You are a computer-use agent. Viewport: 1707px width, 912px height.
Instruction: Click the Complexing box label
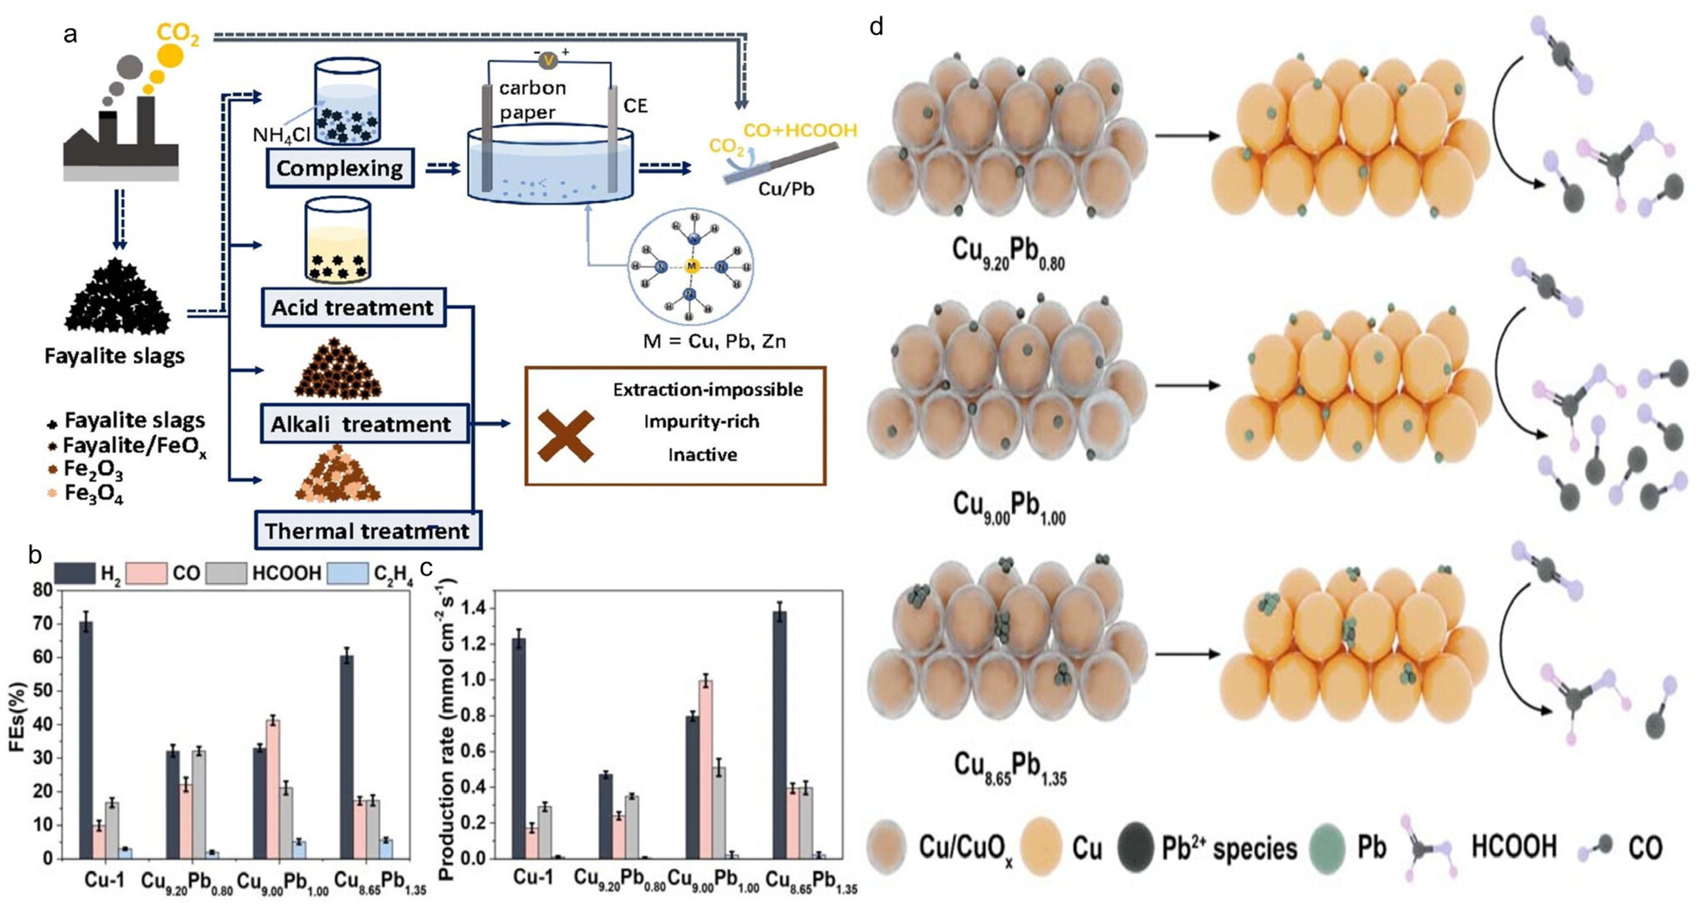339,168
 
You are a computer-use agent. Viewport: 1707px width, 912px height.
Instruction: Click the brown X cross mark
565,435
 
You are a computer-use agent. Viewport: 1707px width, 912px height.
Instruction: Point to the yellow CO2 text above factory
178,35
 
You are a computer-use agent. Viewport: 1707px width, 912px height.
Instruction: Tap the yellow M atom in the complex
691,266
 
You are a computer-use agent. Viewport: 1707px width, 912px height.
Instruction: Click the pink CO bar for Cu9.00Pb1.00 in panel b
272,789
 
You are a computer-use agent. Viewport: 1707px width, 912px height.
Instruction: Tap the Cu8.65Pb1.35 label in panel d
1009,767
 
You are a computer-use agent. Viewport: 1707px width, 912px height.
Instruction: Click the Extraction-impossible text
708,390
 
